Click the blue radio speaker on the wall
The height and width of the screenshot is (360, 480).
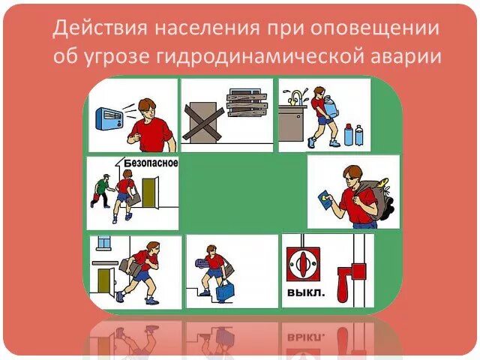(x=109, y=118)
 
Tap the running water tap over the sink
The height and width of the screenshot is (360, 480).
(x=298, y=96)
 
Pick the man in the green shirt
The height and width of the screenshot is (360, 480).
(x=101, y=190)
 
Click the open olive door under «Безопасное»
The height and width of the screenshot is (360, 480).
(x=148, y=191)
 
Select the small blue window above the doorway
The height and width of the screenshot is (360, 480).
(x=103, y=243)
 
